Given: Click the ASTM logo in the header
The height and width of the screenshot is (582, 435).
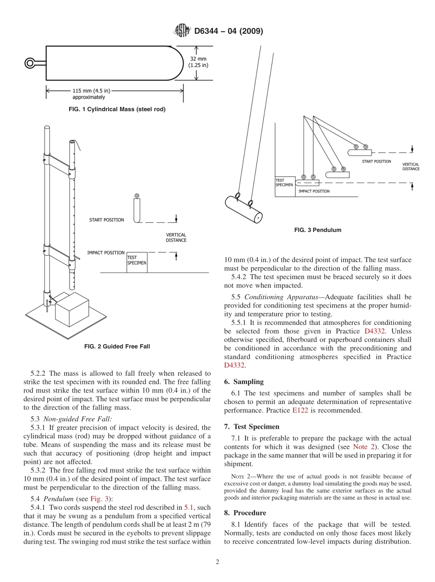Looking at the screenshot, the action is (182, 31).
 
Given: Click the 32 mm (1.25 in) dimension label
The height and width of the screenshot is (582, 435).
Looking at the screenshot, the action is (198, 61).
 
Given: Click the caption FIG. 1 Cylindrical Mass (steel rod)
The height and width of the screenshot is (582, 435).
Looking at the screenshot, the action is (117, 109).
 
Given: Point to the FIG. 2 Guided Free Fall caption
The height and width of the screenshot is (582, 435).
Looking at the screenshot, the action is (117, 346).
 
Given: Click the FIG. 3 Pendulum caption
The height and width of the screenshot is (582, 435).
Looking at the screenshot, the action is (318, 230).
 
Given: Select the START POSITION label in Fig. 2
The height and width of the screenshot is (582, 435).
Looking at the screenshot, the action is (106, 220).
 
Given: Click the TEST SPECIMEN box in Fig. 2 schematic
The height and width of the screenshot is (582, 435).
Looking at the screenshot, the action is (137, 261).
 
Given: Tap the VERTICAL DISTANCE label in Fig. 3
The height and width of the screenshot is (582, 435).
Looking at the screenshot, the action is (411, 167).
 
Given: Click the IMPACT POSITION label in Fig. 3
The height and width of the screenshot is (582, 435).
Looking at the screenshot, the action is (314, 191).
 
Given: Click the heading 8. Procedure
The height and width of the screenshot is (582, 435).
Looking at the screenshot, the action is (245, 513).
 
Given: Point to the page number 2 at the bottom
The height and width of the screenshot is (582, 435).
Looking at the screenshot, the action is (217, 562).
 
